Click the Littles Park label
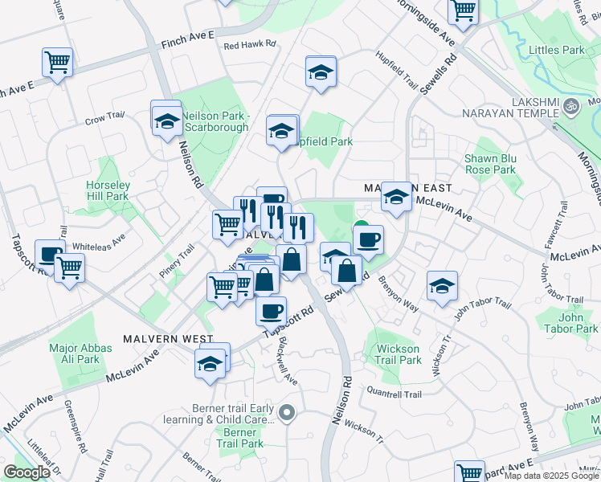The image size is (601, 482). point(557,50)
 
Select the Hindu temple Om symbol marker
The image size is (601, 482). point(572,104)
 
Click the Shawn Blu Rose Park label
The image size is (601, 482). point(490,164)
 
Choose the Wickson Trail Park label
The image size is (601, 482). point(398,354)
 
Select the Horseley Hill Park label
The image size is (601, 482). point(108,190)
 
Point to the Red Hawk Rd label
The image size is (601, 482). point(250,46)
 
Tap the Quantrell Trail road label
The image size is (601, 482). point(394,394)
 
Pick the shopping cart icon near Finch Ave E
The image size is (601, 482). point(58,62)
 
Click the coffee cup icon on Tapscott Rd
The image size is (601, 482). point(271,309)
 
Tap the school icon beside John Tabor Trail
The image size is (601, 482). point(442,287)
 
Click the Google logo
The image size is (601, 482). point(27,472)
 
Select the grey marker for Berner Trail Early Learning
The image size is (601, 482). point(288,415)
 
